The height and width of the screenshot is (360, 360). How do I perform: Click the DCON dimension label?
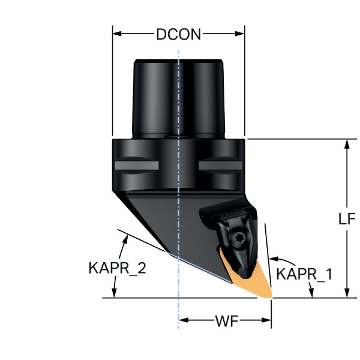(x=178, y=34)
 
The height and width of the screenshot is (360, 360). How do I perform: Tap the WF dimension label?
(x=226, y=322)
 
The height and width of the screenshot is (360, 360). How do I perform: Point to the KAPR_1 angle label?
(x=305, y=275)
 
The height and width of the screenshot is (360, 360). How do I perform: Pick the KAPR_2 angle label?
(x=113, y=268)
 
